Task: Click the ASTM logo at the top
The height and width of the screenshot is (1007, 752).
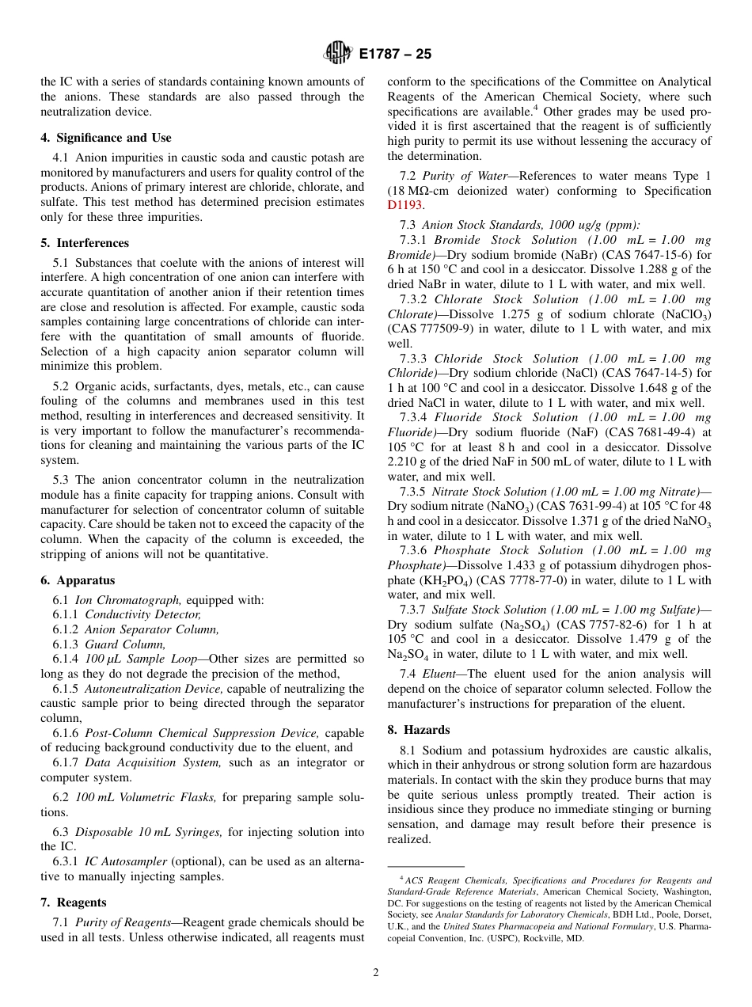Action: pos(338,54)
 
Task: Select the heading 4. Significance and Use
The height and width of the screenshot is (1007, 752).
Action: pos(105,138)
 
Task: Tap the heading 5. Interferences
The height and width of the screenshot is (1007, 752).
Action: pos(85,243)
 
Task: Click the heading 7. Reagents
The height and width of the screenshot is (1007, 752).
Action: pos(74,902)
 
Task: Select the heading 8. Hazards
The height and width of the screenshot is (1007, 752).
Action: pos(418,730)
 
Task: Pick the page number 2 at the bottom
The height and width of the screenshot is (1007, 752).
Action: pos(376,973)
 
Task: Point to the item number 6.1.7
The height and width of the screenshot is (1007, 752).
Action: pos(66,762)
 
